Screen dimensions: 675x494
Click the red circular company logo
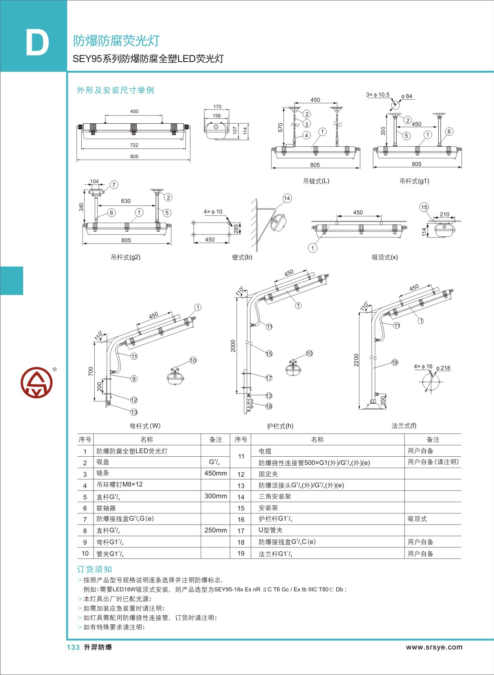tap(37, 382)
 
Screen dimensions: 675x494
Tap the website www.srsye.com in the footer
tap(434, 647)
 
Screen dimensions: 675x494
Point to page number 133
tap(73, 648)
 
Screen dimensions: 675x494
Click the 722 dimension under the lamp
tap(134, 145)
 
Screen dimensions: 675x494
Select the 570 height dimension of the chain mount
tap(280, 128)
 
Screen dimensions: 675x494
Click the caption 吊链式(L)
tap(316, 181)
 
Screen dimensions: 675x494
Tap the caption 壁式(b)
tap(242, 257)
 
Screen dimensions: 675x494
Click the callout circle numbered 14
tap(287, 198)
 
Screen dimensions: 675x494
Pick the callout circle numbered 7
tap(114, 185)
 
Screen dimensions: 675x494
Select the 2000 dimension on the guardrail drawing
tap(233, 346)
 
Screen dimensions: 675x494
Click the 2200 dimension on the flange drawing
tap(356, 360)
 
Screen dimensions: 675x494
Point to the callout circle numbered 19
tap(395, 362)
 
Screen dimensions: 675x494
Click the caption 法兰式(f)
tap(404, 426)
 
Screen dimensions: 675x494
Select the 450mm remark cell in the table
tap(216, 473)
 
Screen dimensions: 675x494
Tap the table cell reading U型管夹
tap(271, 530)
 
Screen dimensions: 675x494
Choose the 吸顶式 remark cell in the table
tap(417, 519)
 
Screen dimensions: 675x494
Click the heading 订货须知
tap(94, 569)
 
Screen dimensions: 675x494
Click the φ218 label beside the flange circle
tap(443, 368)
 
